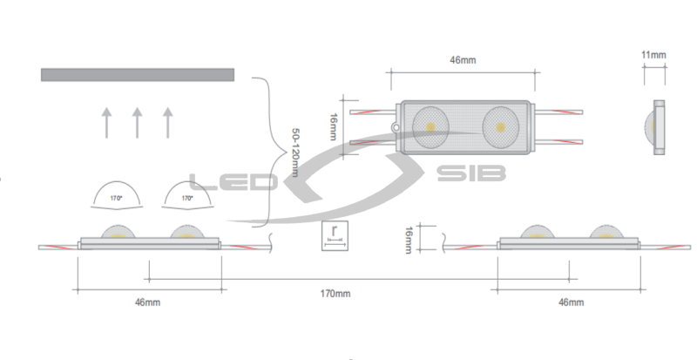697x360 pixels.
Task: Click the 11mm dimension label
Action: [653, 55]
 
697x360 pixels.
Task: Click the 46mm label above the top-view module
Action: [463, 60]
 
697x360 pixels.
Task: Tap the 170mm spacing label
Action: [335, 294]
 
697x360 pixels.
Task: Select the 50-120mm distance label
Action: [294, 153]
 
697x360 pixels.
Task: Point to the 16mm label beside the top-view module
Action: [333, 126]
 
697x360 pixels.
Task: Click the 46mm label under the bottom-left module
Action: [147, 302]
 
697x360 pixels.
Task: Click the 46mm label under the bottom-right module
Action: [572, 302]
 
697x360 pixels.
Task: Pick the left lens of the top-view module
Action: [430, 126]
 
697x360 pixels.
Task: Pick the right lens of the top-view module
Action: [500, 127]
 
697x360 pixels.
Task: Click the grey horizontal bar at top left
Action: [138, 75]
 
